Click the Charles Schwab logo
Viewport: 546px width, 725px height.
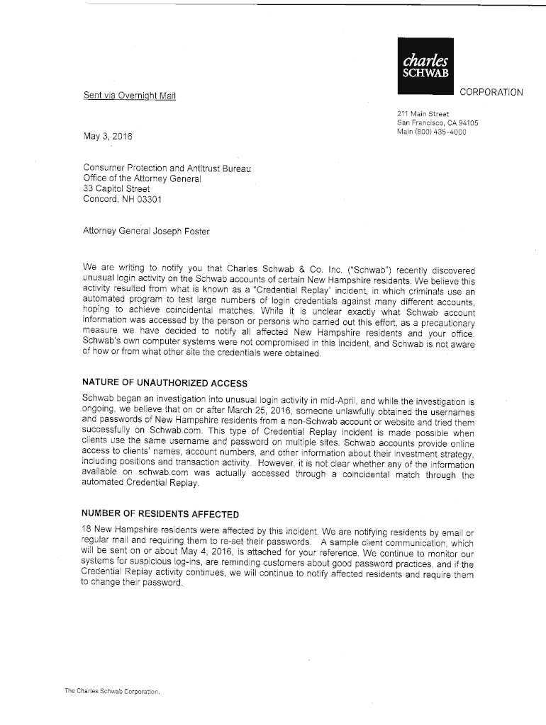[425, 62]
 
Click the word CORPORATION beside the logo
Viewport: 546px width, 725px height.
[491, 92]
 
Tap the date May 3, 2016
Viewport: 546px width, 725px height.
[107, 137]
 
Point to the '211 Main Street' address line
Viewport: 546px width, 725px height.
[423, 113]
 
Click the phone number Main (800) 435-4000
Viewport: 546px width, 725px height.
[431, 132]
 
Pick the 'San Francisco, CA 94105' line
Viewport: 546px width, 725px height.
[438, 122]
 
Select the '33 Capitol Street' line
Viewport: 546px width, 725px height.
[116, 189]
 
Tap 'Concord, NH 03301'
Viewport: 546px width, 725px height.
[122, 200]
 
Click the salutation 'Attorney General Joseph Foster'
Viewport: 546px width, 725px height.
[146, 231]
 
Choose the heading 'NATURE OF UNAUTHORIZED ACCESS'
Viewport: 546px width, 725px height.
[165, 383]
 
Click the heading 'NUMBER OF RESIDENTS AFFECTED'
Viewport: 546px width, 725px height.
[161, 513]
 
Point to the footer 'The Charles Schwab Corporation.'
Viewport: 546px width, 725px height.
[113, 690]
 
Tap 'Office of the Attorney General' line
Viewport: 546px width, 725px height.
[143, 179]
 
